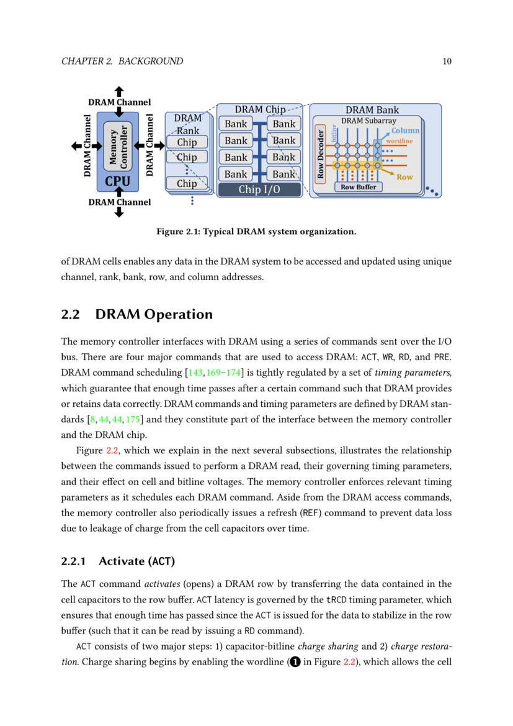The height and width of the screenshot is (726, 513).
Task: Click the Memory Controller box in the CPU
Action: click(x=118, y=147)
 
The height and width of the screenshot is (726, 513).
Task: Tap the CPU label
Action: click(x=118, y=181)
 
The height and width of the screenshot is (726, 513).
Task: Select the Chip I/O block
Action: click(x=259, y=189)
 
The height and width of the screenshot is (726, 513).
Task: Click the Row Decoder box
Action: click(x=321, y=153)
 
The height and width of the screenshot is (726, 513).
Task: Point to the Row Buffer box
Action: click(x=359, y=186)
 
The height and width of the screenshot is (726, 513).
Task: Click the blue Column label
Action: click(x=405, y=130)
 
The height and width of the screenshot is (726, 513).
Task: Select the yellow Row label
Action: click(x=404, y=177)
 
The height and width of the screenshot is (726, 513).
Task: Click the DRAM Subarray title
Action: click(x=368, y=120)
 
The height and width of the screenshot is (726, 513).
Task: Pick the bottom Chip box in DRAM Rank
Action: click(x=187, y=183)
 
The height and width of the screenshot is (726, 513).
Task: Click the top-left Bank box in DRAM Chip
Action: click(x=236, y=124)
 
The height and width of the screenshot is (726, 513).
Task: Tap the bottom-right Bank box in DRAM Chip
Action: click(x=284, y=174)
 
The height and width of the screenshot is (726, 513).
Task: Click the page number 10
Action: click(x=447, y=61)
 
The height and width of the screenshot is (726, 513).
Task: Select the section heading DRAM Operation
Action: click(x=154, y=314)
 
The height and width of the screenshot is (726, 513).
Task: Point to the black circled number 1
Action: click(x=295, y=662)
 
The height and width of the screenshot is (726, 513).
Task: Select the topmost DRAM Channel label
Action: click(x=119, y=102)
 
